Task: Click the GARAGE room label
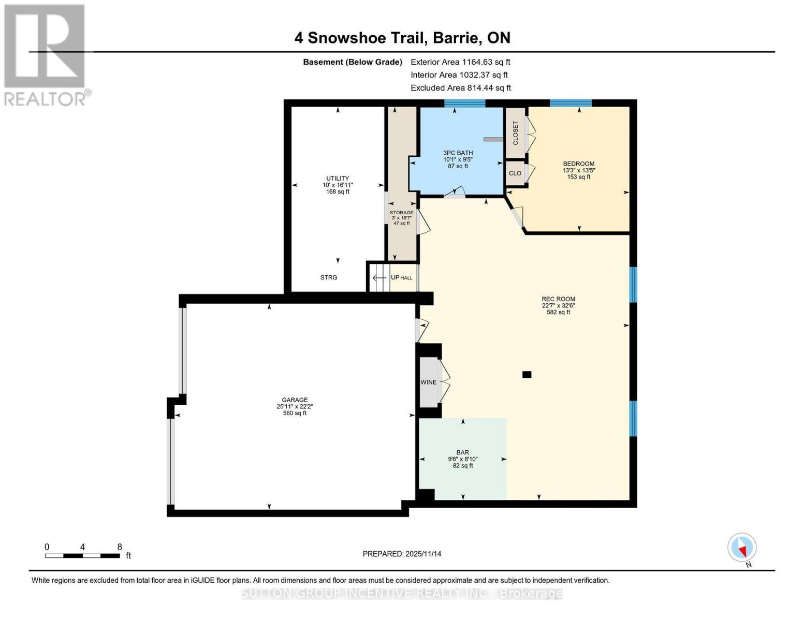click(295, 400)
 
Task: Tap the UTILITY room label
click(338, 179)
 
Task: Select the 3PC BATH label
click(458, 153)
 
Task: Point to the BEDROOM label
click(578, 164)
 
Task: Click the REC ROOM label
click(558, 299)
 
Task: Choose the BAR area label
click(462, 452)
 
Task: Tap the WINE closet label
click(428, 382)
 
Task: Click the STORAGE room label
click(401, 213)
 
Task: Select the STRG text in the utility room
click(328, 278)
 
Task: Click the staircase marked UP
click(381, 278)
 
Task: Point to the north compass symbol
click(742, 548)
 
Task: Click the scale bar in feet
click(83, 556)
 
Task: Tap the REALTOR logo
click(46, 54)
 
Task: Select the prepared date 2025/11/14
click(402, 554)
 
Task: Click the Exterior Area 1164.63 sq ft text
click(460, 62)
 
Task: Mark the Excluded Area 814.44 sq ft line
click(460, 88)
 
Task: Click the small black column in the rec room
click(527, 375)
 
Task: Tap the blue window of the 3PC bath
click(464, 103)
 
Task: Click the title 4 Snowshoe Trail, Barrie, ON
click(402, 38)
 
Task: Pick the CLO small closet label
click(515, 173)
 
